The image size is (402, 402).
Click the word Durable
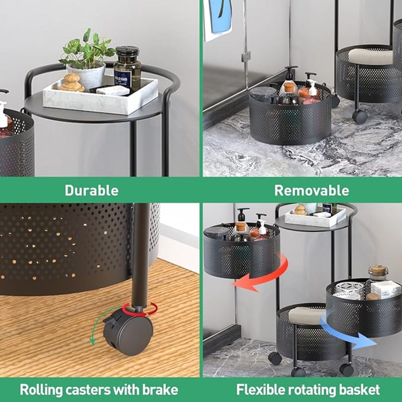(91, 190)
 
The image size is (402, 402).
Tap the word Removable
(312, 190)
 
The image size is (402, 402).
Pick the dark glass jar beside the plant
(127, 69)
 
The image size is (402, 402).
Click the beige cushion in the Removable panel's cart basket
(371, 56)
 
